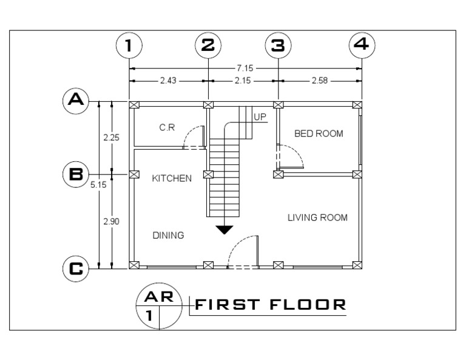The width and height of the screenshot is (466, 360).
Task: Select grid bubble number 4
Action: point(362,45)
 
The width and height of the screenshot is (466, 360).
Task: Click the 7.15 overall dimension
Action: point(245,68)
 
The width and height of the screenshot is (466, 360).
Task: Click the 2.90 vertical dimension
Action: point(111,221)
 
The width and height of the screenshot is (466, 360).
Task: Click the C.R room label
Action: point(167,128)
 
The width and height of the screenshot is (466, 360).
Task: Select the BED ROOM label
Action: point(319,133)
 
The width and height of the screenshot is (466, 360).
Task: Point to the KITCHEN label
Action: point(172,178)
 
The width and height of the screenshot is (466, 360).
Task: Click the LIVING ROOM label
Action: point(317,218)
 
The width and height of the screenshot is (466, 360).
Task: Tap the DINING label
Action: point(168,235)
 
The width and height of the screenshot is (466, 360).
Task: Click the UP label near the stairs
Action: point(260,116)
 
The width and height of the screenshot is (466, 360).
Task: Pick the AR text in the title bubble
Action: point(160,297)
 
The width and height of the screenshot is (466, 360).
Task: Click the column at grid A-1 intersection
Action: point(134,105)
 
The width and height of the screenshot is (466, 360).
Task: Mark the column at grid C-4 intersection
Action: point(357,265)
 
